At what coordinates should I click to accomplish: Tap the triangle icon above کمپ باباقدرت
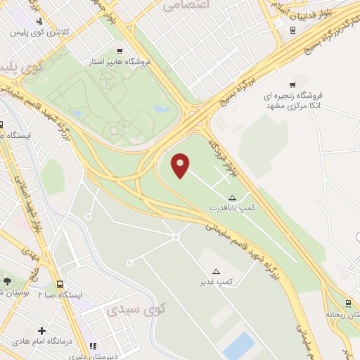point(233,198)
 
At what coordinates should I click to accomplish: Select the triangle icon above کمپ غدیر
point(216,271)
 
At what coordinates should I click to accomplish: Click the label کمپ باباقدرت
point(233,209)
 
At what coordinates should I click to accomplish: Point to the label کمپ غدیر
point(215,282)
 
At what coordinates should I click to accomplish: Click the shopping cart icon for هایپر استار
point(120,51)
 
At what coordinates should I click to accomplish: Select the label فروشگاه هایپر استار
point(127,62)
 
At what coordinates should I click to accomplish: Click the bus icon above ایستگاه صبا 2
point(60,284)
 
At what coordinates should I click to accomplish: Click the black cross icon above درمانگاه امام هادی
point(42,330)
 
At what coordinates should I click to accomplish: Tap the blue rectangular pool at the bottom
point(240,347)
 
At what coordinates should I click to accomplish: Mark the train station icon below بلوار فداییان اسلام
point(292,30)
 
